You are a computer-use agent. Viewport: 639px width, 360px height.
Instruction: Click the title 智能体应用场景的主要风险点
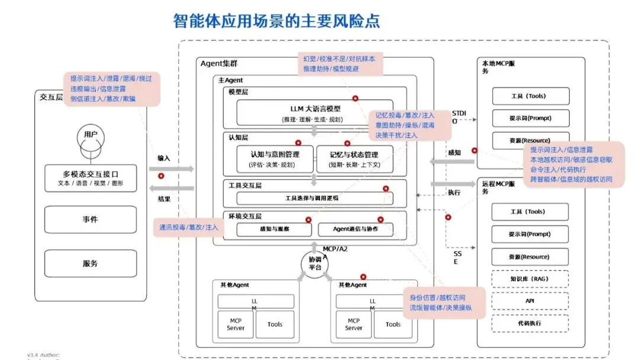tap(276, 21)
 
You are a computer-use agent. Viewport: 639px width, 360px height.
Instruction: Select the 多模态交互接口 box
tap(91, 178)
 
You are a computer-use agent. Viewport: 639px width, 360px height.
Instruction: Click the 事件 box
tap(91, 220)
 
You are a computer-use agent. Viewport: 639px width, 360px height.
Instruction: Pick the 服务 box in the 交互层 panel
tap(91, 263)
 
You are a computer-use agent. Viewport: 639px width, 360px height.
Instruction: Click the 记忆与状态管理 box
tap(354, 159)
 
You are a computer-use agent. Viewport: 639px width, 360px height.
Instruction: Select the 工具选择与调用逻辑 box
tap(315, 198)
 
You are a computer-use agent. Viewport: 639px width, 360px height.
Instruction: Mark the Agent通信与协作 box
tap(356, 229)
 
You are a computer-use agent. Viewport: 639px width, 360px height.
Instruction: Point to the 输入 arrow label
tap(164, 158)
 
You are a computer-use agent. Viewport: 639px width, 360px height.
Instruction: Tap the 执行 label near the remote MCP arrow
tap(454, 192)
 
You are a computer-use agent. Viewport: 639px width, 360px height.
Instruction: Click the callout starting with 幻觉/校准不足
tap(339, 63)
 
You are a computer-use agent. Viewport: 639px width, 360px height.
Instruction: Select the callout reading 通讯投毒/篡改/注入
tap(189, 227)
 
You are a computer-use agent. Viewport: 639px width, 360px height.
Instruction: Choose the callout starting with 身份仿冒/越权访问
tap(440, 302)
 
